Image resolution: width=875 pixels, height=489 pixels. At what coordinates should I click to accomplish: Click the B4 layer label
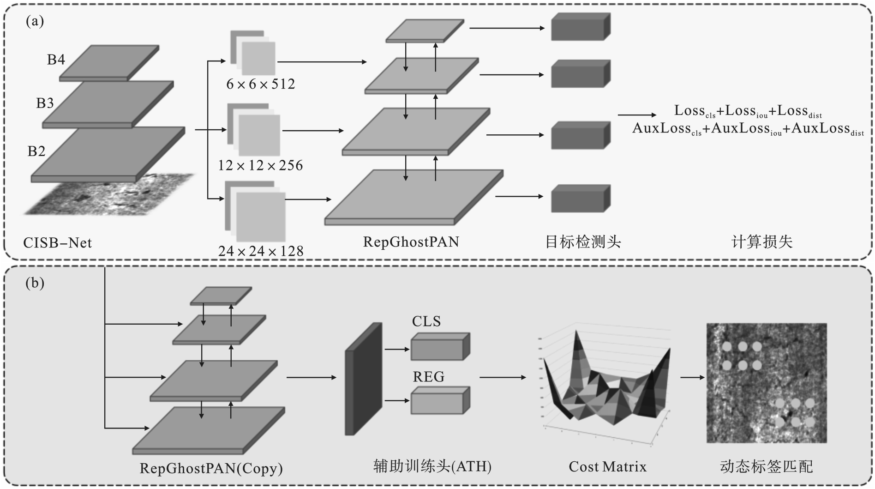point(56,60)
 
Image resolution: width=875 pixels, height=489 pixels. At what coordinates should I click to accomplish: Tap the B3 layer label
point(45,103)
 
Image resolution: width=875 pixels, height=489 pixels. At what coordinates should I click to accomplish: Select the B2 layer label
point(36,151)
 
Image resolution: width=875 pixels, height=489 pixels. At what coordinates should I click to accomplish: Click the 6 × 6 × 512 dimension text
point(260,84)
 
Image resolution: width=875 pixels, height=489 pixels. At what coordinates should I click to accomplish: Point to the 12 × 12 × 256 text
point(260,165)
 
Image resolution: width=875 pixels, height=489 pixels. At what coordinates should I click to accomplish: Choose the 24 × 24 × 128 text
point(261,251)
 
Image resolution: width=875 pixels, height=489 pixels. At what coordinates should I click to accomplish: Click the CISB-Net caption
point(58,242)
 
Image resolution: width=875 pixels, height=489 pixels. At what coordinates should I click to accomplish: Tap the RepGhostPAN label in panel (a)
point(411,241)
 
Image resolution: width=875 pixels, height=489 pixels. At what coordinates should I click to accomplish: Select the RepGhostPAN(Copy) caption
point(211,468)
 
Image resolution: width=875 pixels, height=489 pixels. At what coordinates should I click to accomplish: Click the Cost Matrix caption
point(607,466)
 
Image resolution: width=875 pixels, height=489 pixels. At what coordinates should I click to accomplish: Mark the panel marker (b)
point(35,283)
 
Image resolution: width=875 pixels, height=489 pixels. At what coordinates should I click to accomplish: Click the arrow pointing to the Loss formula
point(637,115)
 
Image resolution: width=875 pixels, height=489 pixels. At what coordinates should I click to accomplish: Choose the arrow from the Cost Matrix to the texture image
point(692,377)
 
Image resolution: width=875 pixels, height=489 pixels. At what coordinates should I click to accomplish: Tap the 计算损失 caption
point(762,241)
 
